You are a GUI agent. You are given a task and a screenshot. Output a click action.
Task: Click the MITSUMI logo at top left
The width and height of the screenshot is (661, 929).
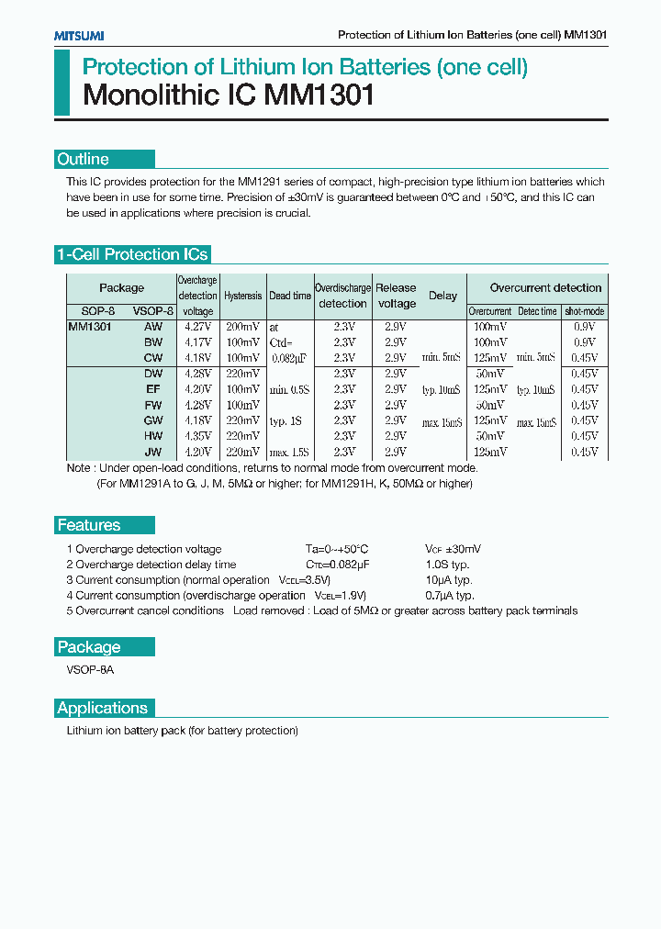click(x=79, y=35)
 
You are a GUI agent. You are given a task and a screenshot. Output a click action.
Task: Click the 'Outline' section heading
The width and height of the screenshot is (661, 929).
click(x=84, y=160)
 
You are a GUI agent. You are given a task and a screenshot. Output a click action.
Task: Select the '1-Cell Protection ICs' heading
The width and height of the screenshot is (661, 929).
click(x=132, y=255)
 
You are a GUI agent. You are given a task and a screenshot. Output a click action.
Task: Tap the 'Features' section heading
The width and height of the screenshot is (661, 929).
click(x=89, y=525)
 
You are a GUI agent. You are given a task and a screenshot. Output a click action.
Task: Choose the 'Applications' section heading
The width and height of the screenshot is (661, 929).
click(x=102, y=708)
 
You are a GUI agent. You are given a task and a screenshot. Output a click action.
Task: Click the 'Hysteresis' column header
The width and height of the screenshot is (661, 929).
click(x=242, y=296)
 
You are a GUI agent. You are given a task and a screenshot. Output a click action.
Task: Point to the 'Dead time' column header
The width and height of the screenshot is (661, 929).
click(x=290, y=296)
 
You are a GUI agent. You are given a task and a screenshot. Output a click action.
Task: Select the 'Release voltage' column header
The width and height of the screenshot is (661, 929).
click(x=396, y=296)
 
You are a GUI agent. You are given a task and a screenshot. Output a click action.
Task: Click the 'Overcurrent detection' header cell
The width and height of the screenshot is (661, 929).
click(x=545, y=287)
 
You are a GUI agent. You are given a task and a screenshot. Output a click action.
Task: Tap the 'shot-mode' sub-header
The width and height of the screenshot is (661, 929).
click(x=584, y=311)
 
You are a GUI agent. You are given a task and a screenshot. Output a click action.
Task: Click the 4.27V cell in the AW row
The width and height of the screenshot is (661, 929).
click(x=198, y=326)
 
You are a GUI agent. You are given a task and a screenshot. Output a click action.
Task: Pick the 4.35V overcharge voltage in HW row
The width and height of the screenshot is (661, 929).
click(x=198, y=436)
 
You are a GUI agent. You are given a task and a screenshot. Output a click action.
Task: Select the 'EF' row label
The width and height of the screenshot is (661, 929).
click(x=153, y=389)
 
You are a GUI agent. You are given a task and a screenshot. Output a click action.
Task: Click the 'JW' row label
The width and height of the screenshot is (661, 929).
click(x=153, y=452)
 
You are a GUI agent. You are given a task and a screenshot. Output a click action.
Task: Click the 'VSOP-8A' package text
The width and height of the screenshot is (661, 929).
click(x=90, y=670)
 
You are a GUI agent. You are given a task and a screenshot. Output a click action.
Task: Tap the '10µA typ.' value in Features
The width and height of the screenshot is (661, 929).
click(x=448, y=580)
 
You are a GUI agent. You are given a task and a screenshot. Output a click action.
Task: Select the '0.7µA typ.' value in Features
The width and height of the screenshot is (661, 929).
click(x=449, y=596)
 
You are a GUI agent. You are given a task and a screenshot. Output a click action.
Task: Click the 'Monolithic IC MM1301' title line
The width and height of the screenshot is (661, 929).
click(x=229, y=95)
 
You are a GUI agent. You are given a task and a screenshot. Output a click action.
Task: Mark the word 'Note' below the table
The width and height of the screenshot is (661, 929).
click(x=79, y=468)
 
